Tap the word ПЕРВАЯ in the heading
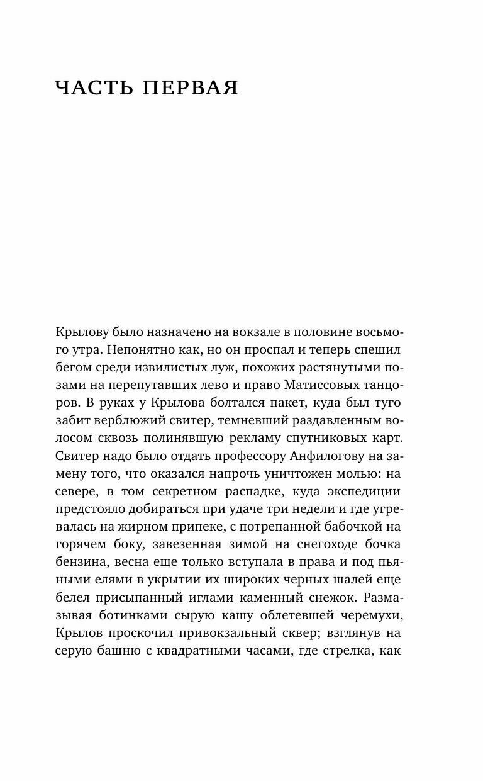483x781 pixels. pos(188,89)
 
